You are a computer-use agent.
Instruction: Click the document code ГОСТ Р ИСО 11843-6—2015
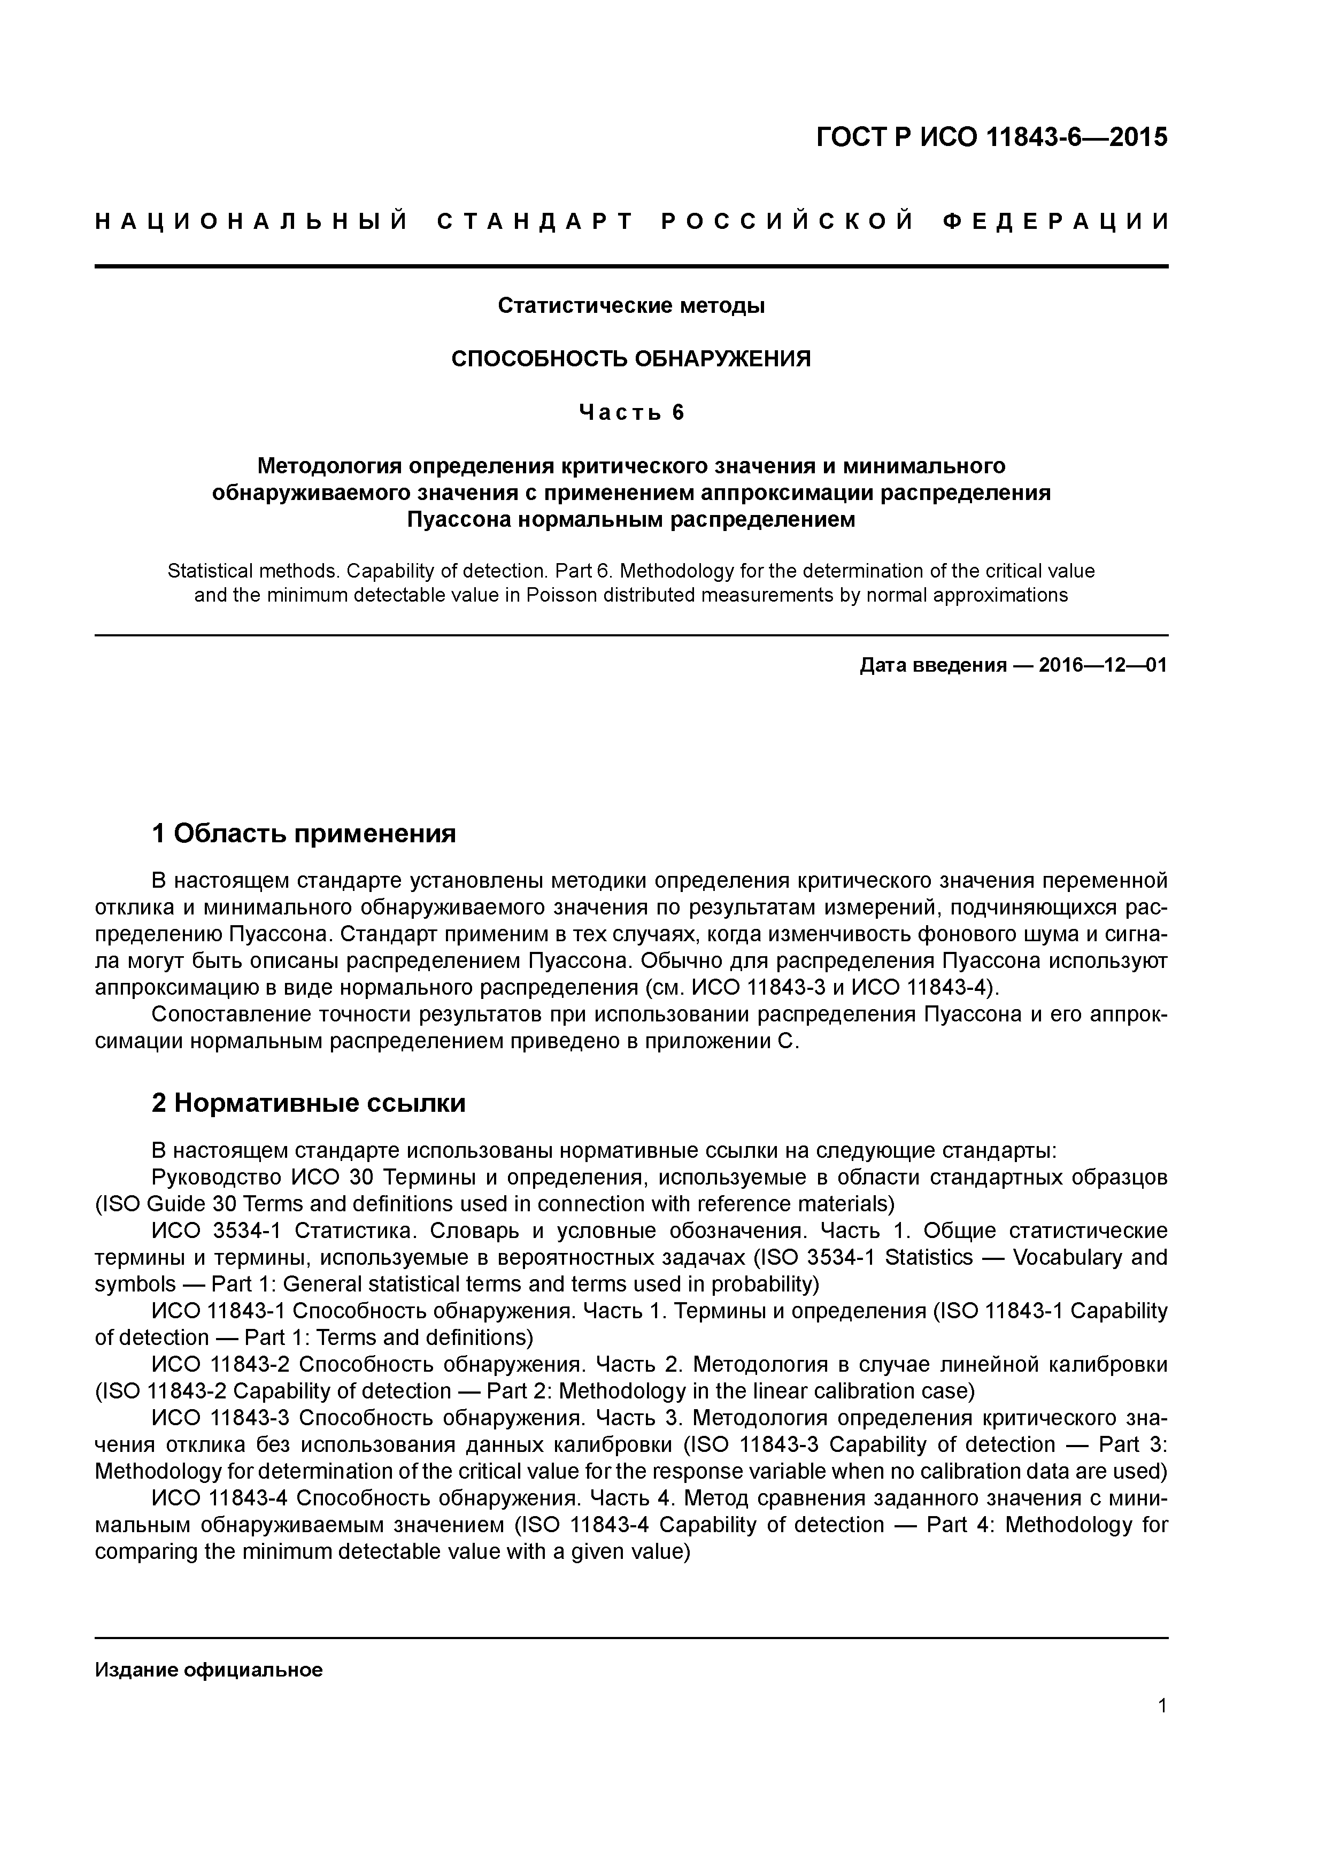992,138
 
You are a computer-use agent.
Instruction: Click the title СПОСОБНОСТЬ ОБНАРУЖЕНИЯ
631,359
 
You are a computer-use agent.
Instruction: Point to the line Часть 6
631,413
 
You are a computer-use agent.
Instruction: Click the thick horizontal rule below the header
631,266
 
